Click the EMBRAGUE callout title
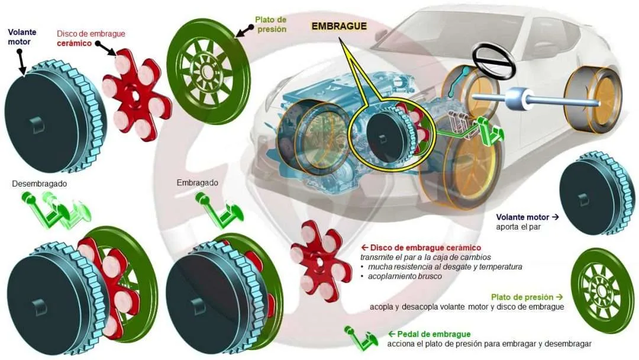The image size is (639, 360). (339, 26)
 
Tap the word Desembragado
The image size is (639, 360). (40, 184)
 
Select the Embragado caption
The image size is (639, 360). (197, 182)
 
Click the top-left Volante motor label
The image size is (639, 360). (22, 37)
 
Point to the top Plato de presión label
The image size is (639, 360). (270, 24)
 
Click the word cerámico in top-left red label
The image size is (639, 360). (74, 43)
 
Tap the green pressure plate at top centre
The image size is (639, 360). (209, 71)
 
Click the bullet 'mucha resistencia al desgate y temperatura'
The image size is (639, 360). (445, 266)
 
